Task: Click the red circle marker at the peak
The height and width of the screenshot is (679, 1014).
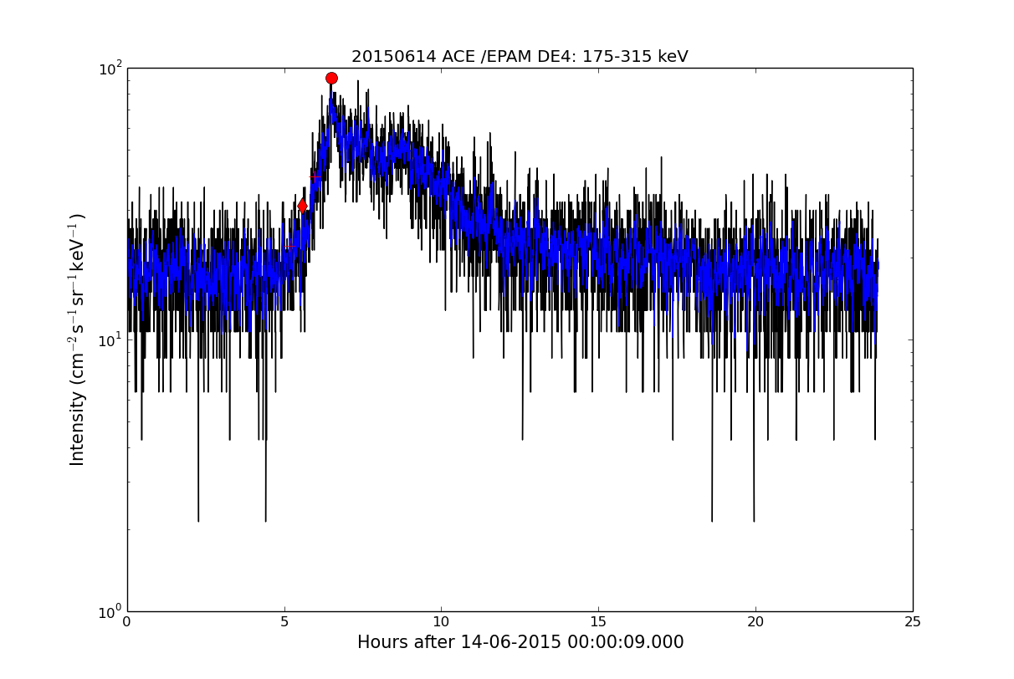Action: pos(331,79)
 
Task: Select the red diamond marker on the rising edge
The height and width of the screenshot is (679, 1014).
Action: pos(302,207)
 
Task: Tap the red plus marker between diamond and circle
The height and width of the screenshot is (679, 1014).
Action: pos(315,177)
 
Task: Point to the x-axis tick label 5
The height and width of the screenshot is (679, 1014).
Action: pos(284,622)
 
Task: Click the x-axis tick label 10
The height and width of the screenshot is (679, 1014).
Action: pos(441,622)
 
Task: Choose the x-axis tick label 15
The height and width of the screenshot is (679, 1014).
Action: pos(598,622)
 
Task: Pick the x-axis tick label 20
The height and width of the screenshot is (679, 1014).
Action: pos(755,622)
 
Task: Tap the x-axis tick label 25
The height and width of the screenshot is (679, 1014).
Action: pos(912,622)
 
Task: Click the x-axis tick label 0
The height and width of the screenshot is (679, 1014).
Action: pos(127,622)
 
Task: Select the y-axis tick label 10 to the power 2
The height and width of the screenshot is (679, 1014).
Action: pos(110,69)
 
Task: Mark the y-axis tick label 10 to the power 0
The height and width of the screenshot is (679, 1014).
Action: pos(110,612)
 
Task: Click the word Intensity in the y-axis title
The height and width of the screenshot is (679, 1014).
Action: pos(77,427)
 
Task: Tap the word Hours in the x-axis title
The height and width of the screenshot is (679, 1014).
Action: pos(378,642)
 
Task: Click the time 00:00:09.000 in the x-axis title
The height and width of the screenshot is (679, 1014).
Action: pos(625,642)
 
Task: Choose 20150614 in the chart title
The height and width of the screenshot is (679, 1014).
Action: pos(394,57)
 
